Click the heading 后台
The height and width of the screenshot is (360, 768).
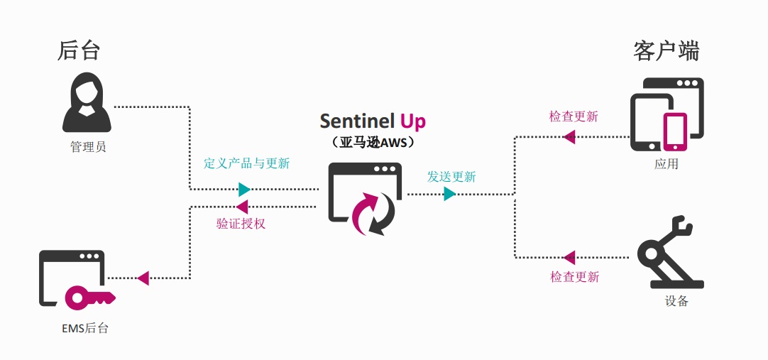point(79,50)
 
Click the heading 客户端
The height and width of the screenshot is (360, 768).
point(666,50)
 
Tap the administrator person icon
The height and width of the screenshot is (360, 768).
point(87,104)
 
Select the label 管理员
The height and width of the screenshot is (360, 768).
point(88,147)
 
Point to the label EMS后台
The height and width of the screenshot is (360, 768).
point(85,328)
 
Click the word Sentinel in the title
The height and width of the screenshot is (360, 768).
point(357,121)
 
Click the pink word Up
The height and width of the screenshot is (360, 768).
point(413,121)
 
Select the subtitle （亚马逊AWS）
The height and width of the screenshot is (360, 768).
point(373,142)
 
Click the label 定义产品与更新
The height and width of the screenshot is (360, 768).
point(246,163)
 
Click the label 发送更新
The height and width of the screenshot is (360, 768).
point(451,176)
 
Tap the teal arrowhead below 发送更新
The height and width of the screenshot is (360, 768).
point(449,194)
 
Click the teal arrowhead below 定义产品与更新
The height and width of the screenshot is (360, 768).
point(244,190)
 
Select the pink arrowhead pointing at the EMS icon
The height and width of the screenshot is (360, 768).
point(143,278)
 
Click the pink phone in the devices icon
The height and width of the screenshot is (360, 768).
point(674,132)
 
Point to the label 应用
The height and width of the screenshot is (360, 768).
point(666,164)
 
